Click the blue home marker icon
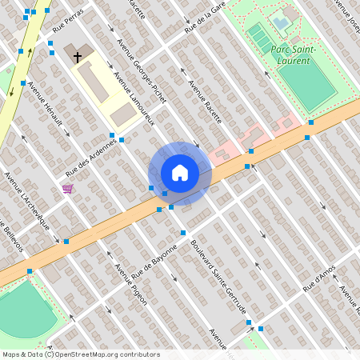[180, 173]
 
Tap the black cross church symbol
[78, 57]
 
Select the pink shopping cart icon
[68, 189]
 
